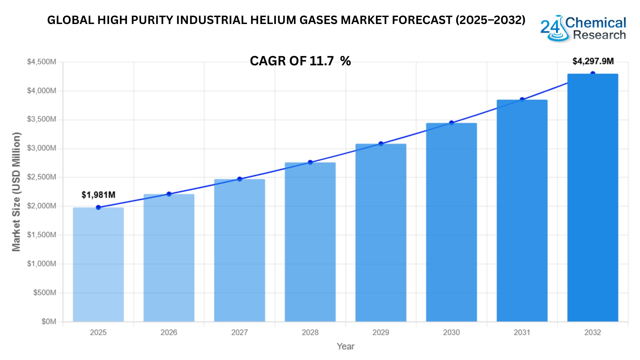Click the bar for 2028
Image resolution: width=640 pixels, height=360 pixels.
click(310, 242)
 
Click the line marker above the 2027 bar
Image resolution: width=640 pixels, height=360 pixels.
click(240, 179)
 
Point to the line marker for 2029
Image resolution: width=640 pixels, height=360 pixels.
click(381, 144)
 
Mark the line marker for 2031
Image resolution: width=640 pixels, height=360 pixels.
click(522, 100)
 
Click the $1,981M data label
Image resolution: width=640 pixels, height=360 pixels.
click(98, 195)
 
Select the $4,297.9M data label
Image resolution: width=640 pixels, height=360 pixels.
click(593, 61)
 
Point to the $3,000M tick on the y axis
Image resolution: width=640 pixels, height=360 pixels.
click(42, 148)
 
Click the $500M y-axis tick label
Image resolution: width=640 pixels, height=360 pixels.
click(45, 293)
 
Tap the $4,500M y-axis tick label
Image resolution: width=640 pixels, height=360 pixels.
click(42, 62)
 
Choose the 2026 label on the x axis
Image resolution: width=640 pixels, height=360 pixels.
click(169, 332)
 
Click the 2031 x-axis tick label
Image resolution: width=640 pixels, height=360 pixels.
click(522, 332)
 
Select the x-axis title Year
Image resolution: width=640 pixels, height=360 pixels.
click(345, 347)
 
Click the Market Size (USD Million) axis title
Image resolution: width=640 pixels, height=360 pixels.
click(16, 192)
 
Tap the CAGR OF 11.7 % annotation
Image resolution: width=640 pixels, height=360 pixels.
click(300, 61)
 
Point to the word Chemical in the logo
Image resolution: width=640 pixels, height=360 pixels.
click(596, 23)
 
